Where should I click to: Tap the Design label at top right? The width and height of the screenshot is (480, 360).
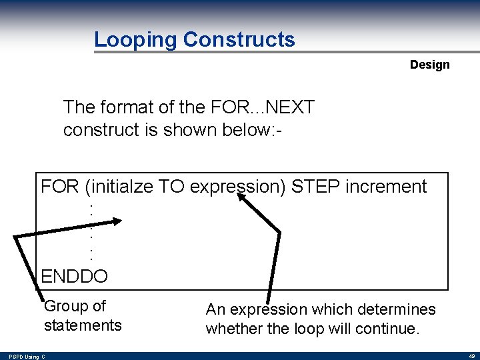(429, 65)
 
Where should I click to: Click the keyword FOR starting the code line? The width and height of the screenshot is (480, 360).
(60, 187)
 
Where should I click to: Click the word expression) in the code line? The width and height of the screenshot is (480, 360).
(238, 187)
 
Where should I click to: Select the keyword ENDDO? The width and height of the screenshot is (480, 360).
(74, 275)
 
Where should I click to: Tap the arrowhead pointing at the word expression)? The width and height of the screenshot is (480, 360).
(245, 185)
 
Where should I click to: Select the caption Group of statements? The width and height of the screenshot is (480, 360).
(83, 316)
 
